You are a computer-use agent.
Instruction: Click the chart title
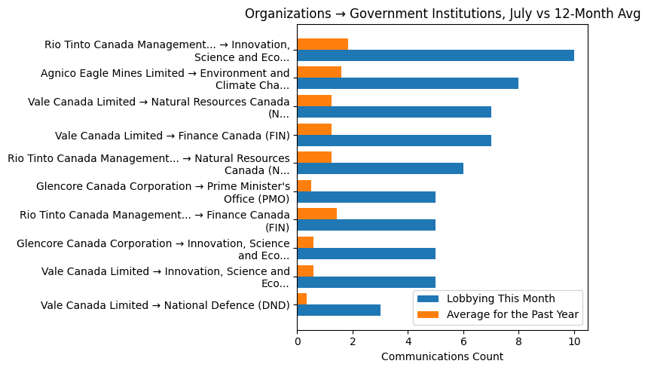tap(442, 14)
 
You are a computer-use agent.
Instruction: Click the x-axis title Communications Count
tap(442, 356)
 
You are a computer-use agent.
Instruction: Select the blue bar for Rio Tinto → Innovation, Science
tap(436, 56)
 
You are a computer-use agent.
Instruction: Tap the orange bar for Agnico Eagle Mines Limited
tap(319, 72)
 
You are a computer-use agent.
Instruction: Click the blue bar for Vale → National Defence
tap(338, 310)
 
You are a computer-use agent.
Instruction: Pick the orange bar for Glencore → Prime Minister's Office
tap(304, 185)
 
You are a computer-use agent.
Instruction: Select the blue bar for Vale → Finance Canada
tap(394, 140)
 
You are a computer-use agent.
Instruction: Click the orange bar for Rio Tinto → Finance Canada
tap(316, 214)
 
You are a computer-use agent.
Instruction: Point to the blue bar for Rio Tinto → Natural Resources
tap(380, 169)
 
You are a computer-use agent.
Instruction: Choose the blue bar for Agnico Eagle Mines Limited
tap(408, 84)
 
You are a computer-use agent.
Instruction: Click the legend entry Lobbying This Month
tap(500, 298)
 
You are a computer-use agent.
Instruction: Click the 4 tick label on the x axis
tap(408, 341)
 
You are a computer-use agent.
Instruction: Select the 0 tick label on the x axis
tap(297, 341)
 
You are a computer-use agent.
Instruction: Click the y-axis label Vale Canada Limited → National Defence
tap(165, 305)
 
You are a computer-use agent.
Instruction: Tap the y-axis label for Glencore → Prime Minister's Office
tap(163, 192)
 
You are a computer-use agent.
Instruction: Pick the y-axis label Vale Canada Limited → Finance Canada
tap(172, 136)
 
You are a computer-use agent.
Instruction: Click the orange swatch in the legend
tap(429, 313)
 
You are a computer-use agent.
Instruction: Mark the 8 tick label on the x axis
tap(518, 341)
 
